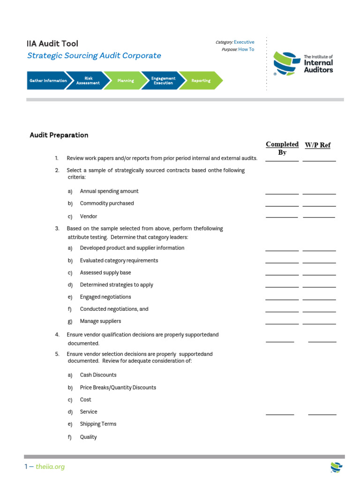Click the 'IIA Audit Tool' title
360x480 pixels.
(52, 44)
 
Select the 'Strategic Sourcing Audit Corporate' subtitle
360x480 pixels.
(94, 56)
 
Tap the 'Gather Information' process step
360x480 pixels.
(47, 81)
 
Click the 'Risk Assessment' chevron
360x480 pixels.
(88, 81)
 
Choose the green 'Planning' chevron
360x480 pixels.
(125, 81)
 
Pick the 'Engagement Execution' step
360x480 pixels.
(163, 81)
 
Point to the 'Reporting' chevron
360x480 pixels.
(201, 81)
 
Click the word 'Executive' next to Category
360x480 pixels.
(244, 42)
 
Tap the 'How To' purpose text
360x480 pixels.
(246, 49)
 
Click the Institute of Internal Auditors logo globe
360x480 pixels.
(286, 63)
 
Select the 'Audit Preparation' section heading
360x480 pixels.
(59, 135)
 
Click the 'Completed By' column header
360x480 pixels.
(282, 148)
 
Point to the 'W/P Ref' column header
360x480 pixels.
(318, 145)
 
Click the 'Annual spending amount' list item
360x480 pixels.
(109, 191)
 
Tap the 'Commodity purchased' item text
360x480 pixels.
(107, 203)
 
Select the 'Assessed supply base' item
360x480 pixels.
(105, 273)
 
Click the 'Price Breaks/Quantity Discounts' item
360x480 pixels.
(118, 388)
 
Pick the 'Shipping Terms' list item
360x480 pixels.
(98, 424)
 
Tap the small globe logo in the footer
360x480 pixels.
(336, 466)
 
